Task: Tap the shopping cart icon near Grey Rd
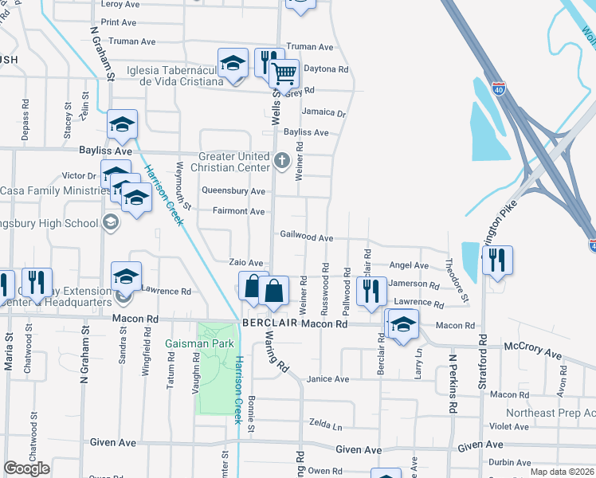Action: (284, 75)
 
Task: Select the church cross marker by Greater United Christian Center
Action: (280, 162)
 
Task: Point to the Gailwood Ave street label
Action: (306, 237)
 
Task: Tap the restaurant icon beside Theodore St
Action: (497, 260)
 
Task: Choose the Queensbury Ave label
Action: (233, 191)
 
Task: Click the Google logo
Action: (26, 468)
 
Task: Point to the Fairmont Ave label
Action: (238, 211)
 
